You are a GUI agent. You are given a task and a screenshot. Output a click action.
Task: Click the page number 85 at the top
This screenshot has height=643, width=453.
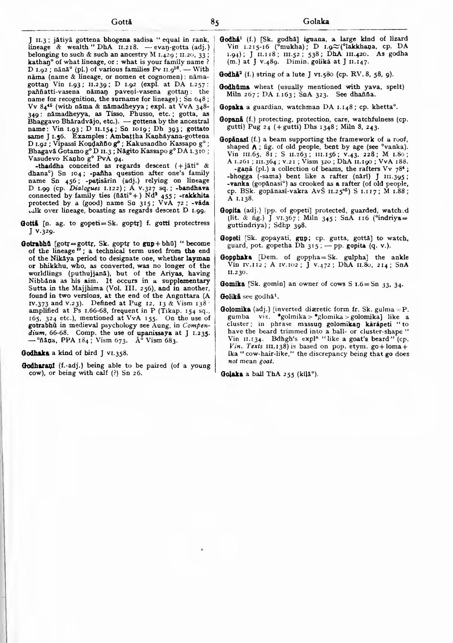(215, 23)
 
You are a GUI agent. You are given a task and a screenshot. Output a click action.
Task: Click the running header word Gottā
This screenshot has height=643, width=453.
(122, 22)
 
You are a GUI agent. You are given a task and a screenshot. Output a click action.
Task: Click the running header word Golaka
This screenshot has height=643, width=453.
(316, 22)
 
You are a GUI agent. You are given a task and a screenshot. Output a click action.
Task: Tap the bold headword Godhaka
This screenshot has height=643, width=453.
(34, 353)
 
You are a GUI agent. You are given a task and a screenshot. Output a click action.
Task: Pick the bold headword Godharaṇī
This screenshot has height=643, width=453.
(36, 366)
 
